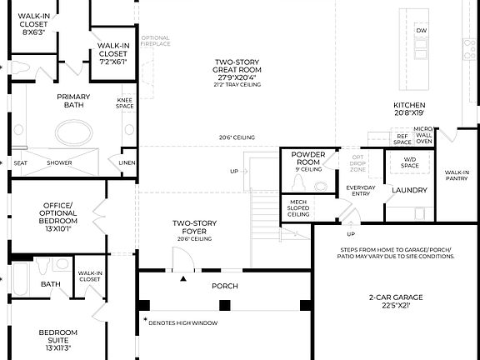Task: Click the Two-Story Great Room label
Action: point(237,72)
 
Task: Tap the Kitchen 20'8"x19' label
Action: point(409,108)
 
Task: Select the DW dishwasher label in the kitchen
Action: point(421,30)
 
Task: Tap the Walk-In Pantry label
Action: point(456,174)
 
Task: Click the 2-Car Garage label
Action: point(397,301)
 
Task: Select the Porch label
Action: point(224,286)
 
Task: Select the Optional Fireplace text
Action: point(156,40)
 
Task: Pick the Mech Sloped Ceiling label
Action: point(299,207)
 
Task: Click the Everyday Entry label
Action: point(361,190)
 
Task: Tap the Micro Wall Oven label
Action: point(423,135)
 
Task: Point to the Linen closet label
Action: point(127,162)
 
